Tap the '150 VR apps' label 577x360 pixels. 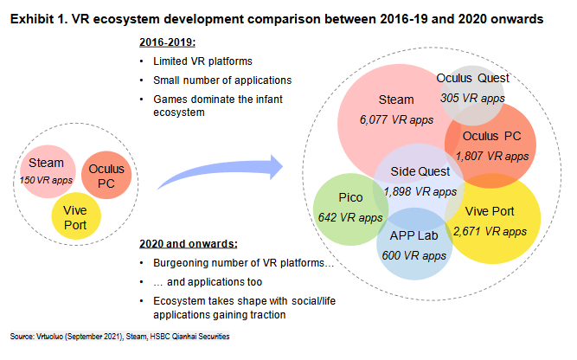[x=46, y=180]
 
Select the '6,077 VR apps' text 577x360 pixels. [x=396, y=119]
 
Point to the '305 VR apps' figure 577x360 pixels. [x=472, y=98]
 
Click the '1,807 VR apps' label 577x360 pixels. [x=492, y=156]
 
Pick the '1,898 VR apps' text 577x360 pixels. [x=420, y=191]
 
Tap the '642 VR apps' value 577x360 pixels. [x=350, y=217]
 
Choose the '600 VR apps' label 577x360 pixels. [x=414, y=255]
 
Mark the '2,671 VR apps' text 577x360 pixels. [x=490, y=231]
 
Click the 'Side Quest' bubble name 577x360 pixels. [x=420, y=171]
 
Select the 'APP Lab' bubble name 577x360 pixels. [x=414, y=235]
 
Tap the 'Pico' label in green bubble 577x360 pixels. [x=350, y=197]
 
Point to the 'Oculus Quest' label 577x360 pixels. [x=472, y=78]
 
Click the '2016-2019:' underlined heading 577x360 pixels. [x=168, y=42]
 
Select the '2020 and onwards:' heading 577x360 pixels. [x=189, y=244]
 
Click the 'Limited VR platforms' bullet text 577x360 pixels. [x=202, y=61]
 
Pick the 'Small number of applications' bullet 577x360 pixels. [x=222, y=80]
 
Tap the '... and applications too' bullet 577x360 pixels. [x=208, y=282]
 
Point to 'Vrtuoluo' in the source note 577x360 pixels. [x=49, y=337]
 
